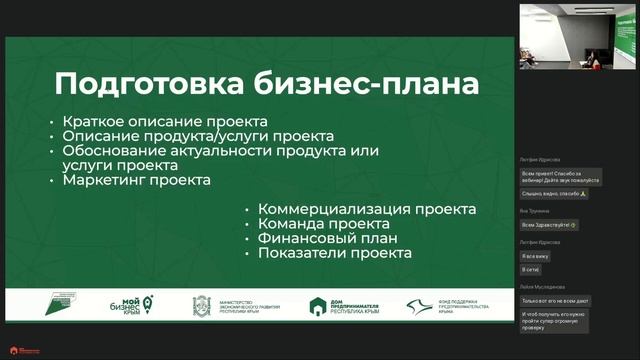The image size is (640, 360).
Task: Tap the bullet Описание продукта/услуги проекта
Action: coord(197,135)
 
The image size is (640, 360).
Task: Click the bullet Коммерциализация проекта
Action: coord(366,209)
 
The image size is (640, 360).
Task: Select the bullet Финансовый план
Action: coord(328,239)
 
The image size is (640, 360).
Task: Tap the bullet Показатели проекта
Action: coord(334,254)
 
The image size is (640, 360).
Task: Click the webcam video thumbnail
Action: coord(577,36)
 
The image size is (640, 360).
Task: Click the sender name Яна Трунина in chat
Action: coord(535,211)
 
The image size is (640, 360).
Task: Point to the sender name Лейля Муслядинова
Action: coord(542,287)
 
